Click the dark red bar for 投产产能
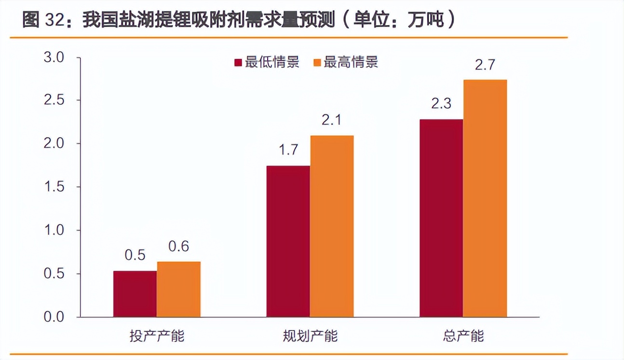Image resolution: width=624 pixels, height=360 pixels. pyautogui.click(x=135, y=294)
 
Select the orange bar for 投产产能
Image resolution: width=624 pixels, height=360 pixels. pyautogui.click(x=178, y=289)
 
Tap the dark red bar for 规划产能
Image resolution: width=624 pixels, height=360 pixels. pyautogui.click(x=288, y=241)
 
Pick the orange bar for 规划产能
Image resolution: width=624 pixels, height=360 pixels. pyautogui.click(x=332, y=226)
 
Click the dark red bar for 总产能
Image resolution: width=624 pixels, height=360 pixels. pyautogui.click(x=441, y=218)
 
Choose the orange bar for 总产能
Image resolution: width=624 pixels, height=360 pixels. pyautogui.click(x=485, y=198)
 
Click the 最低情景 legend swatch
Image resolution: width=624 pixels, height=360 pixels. pyautogui.click(x=238, y=63)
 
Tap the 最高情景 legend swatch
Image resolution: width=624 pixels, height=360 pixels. pyautogui.click(x=317, y=63)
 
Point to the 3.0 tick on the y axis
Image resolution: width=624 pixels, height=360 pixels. pyautogui.click(x=54, y=58)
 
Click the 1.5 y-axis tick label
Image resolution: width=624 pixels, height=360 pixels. pyautogui.click(x=54, y=187)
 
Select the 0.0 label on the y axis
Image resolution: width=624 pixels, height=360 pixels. pyautogui.click(x=54, y=317)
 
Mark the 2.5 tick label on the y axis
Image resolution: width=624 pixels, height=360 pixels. pyautogui.click(x=54, y=101)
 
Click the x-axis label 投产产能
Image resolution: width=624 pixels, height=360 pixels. pyautogui.click(x=157, y=336)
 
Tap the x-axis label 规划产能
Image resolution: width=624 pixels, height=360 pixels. pyautogui.click(x=310, y=336)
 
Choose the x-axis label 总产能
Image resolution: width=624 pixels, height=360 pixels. pyautogui.click(x=463, y=336)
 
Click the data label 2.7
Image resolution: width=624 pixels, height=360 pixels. pyautogui.click(x=485, y=65)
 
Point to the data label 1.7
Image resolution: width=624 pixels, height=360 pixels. pyautogui.click(x=288, y=151)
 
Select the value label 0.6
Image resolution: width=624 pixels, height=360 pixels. pyautogui.click(x=178, y=247)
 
